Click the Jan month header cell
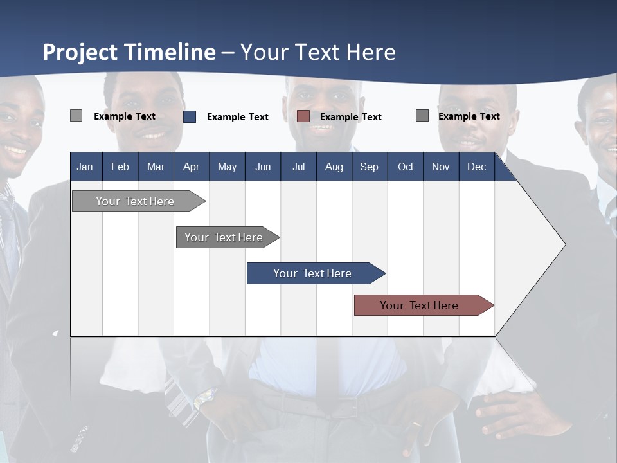85,167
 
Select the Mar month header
156,167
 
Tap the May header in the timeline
227,167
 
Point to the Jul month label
298,167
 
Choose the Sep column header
369,167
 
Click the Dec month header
476,167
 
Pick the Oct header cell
406,167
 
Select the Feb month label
120,167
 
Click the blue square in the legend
190,116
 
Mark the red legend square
303,116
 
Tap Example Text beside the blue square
237,117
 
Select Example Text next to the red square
350,117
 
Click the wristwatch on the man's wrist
204,399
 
